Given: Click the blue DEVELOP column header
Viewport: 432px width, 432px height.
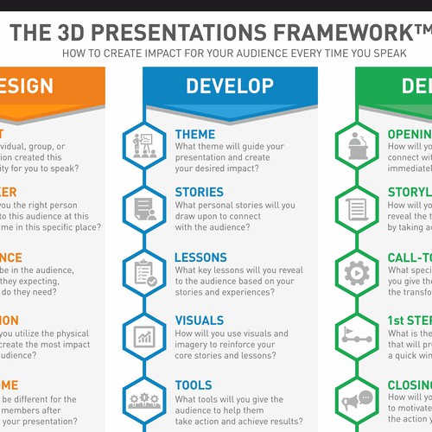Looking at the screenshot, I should click(231, 86).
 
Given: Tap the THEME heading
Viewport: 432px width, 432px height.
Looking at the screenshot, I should click(196, 135).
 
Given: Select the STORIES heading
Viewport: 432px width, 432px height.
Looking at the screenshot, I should click(200, 192).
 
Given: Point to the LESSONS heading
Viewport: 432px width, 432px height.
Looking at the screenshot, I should click(201, 257).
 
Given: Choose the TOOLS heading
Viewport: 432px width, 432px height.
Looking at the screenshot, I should click(194, 385).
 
